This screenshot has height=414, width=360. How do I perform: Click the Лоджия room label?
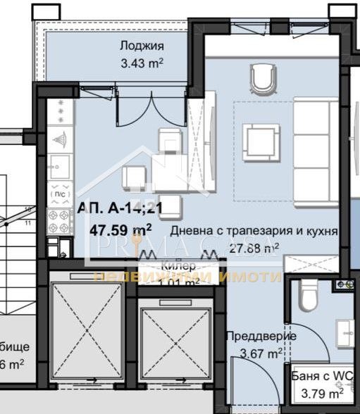142,46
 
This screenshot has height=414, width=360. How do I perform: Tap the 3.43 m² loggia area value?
142,62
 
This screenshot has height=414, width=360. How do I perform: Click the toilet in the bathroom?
309,296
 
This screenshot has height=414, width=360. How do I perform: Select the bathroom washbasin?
345,331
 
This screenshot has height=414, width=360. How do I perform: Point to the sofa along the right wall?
315,151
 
